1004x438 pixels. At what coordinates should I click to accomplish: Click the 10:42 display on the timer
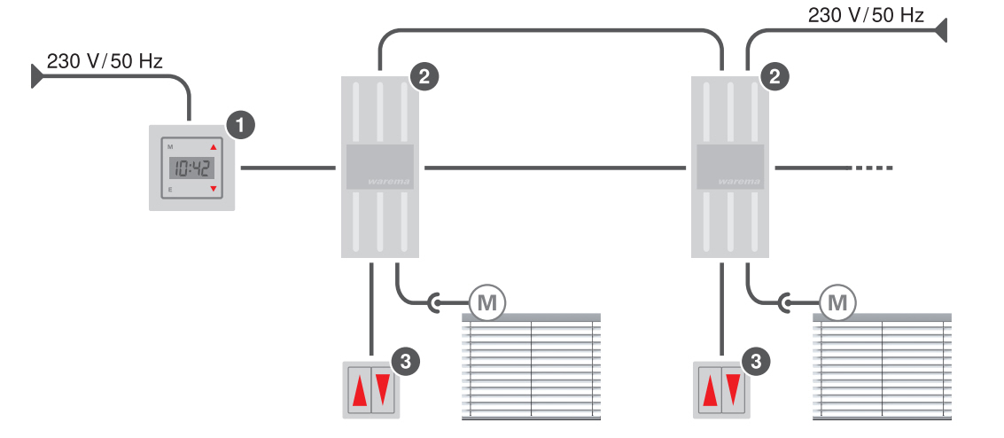click(191, 167)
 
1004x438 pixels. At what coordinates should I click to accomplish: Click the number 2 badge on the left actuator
click(424, 76)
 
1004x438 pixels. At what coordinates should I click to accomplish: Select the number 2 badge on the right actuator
click(776, 76)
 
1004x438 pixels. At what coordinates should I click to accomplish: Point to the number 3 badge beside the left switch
click(405, 361)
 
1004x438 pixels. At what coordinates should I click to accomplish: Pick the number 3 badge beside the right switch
click(755, 361)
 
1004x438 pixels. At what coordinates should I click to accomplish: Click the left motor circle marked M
click(486, 303)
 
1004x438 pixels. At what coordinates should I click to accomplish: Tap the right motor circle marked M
click(837, 303)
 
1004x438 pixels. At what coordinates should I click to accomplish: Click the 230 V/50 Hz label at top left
click(105, 61)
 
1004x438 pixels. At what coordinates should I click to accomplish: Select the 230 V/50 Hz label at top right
click(866, 15)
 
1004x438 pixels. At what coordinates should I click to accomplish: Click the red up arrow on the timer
click(213, 147)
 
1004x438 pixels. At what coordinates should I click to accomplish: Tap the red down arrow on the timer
click(213, 189)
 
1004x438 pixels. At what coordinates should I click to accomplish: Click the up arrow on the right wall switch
click(710, 391)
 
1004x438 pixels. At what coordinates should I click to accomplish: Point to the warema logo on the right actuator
click(733, 181)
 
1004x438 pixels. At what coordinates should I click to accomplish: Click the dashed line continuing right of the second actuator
click(874, 168)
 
